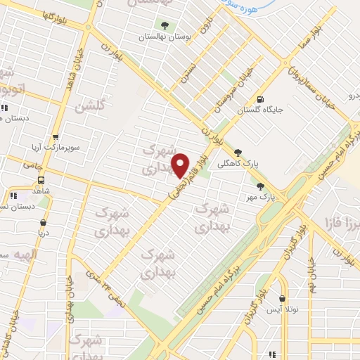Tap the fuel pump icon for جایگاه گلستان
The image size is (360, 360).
(x=262, y=99)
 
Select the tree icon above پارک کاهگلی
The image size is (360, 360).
(x=238, y=152)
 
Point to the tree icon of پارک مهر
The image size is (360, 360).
(x=261, y=186)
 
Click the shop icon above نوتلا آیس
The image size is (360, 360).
(x=283, y=299)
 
